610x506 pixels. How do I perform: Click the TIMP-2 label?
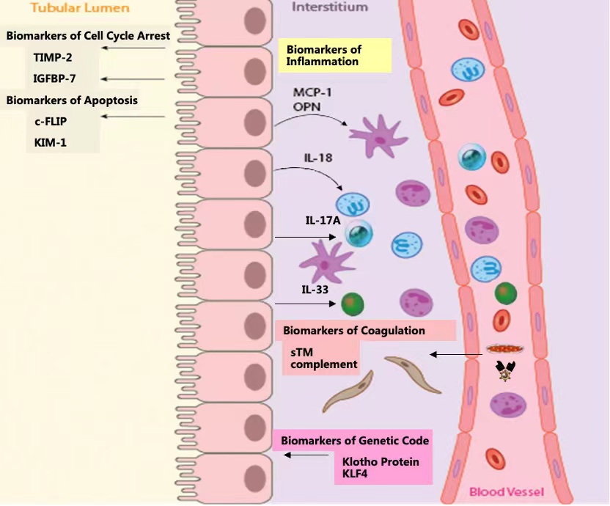point(54,56)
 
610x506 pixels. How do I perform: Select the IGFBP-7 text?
point(54,78)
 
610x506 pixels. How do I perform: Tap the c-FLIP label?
point(51,122)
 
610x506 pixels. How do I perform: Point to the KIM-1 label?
point(50,142)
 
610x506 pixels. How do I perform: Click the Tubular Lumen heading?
point(70,8)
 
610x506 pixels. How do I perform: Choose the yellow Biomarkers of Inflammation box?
point(334,56)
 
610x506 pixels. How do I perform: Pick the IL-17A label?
point(323,220)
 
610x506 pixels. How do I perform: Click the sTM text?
point(300,352)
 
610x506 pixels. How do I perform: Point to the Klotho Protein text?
point(381,462)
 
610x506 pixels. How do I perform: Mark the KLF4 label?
point(356,474)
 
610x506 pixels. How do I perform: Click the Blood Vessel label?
point(507,491)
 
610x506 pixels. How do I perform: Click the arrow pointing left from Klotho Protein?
point(307,455)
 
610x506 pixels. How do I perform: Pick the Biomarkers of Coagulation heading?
point(354,331)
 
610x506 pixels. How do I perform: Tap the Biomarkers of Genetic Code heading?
point(355,441)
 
